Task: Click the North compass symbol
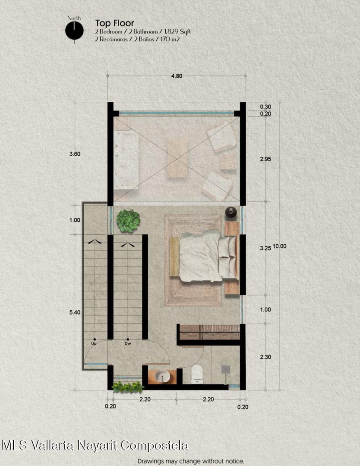coord(74,30)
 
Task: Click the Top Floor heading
coord(114,23)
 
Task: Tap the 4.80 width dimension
coord(176,76)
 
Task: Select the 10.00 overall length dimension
coord(279,246)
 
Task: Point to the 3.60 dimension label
coord(75,154)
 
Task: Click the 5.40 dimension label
coord(75,312)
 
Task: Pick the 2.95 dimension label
coord(265,159)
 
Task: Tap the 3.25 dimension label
coord(265,248)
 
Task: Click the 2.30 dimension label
coord(265,357)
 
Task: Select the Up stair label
coord(94,343)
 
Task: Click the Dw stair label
coord(128,343)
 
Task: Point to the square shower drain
coord(226,369)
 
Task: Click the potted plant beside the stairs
coord(128,221)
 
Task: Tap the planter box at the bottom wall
coord(127,387)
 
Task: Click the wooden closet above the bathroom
coord(210,332)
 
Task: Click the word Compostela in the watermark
coord(155,445)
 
